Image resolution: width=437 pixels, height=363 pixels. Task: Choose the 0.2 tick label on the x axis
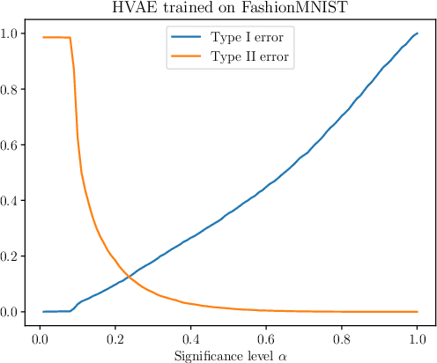coord(114,339)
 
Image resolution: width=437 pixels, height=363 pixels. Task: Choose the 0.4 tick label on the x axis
coord(189,339)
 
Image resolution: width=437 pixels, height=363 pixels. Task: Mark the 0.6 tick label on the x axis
coord(265,339)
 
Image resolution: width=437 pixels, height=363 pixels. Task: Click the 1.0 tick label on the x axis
coord(416,339)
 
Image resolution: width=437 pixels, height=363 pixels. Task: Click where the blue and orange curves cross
coord(130,278)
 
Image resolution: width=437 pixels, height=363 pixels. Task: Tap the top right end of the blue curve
coord(416,33)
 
